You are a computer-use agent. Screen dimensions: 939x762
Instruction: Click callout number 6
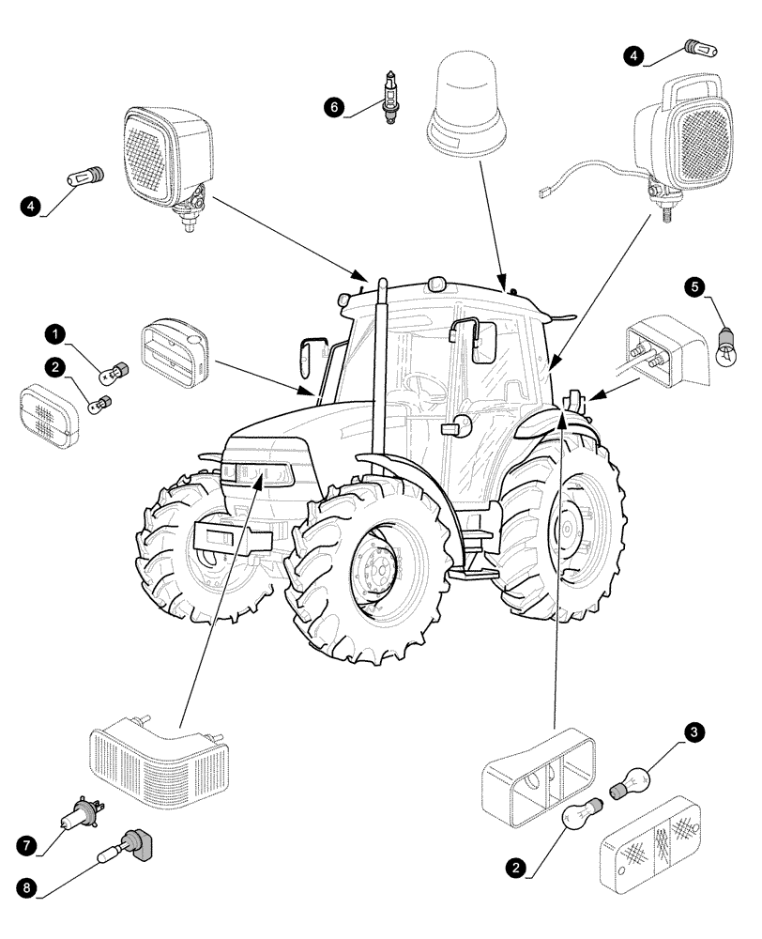click(334, 108)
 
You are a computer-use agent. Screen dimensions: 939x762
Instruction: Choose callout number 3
click(694, 731)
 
